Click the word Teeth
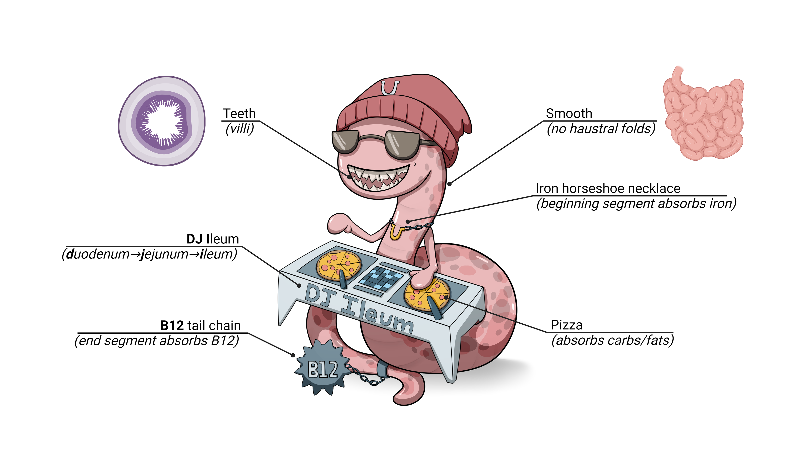coord(239,114)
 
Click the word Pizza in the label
coord(566,325)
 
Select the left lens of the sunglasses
coord(345,142)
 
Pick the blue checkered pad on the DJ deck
coord(381,279)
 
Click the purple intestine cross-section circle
coord(162,121)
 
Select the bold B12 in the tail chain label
coord(172,326)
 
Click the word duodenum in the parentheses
coord(98,254)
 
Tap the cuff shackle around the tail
coord(383,368)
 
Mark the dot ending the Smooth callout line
coord(449,184)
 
